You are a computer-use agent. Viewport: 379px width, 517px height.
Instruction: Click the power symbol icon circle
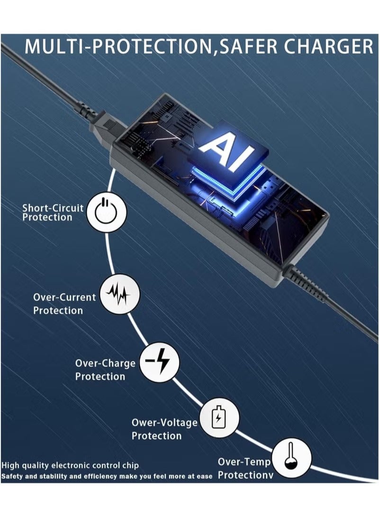pos(106,212)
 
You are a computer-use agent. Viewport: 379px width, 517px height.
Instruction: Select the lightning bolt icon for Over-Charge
pos(159,362)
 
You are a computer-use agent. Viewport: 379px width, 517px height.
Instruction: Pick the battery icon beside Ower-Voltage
pos(219,418)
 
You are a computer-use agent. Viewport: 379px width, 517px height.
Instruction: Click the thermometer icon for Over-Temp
pos(291,458)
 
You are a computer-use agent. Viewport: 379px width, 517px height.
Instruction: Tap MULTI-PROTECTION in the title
pos(119,46)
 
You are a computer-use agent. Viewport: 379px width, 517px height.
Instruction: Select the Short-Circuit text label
pos(53,208)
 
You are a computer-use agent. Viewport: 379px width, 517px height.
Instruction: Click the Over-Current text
pos(64,297)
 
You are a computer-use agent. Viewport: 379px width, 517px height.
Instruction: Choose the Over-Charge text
pos(105,363)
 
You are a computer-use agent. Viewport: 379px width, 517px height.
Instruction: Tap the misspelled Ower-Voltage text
pos(165,423)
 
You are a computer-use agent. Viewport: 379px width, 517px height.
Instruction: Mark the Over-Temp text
pos(244,462)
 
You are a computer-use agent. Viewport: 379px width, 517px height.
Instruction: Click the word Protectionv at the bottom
pos(246,475)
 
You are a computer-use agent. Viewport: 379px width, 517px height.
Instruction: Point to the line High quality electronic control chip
pos(70,466)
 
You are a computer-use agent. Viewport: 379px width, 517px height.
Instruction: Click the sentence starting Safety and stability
pos(107,476)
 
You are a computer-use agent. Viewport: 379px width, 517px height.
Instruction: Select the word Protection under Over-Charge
pos(100,377)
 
